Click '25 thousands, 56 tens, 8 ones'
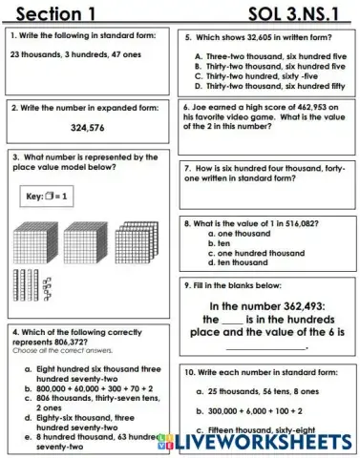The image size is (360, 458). (x=266, y=390)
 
